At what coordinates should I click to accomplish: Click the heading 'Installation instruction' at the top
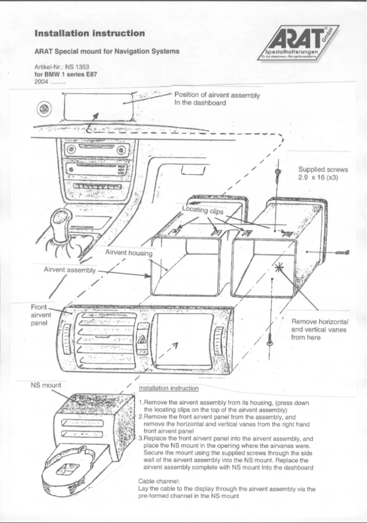(x=90, y=33)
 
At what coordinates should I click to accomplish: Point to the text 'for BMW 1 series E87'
(x=66, y=73)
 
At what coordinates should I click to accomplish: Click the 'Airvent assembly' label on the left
(x=70, y=270)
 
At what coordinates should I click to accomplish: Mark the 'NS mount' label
(x=46, y=384)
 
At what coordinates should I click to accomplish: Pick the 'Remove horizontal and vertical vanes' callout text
(x=320, y=329)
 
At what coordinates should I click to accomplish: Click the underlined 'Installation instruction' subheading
(x=168, y=388)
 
